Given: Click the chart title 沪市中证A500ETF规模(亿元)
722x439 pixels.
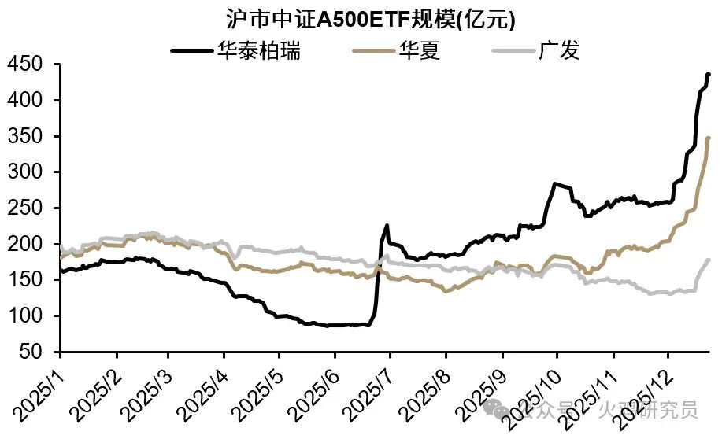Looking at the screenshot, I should (361, 18).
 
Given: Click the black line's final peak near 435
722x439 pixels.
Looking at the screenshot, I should (708, 74).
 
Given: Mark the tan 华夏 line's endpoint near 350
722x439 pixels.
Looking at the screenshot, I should (708, 138).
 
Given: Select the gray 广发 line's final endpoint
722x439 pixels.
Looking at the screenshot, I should (708, 260).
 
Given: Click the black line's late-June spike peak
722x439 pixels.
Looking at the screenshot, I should (386, 226).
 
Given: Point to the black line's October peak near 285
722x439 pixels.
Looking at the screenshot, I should (555, 183).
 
